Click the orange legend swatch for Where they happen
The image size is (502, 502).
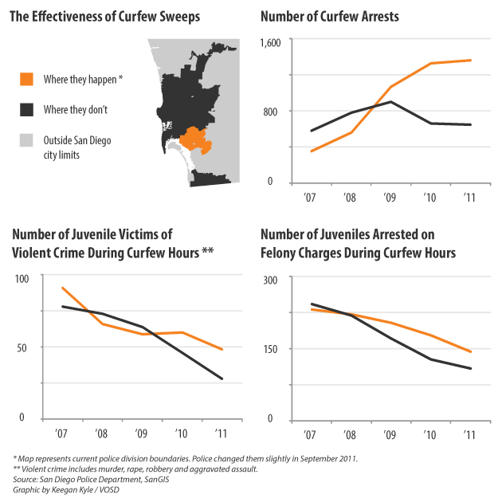click(x=27, y=79)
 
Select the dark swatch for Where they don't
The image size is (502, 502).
click(x=27, y=109)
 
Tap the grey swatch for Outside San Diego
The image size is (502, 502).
click(x=27, y=140)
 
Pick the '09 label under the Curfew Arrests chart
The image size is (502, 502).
click(x=390, y=198)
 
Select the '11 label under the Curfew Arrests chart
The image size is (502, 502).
click(x=469, y=198)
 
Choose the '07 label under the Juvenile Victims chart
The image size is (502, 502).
click(x=62, y=433)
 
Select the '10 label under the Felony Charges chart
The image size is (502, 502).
click(x=430, y=434)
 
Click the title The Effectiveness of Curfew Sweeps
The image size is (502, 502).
click(x=104, y=17)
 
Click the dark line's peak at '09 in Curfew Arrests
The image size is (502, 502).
click(x=390, y=101)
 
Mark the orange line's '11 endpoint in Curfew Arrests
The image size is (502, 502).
click(x=471, y=60)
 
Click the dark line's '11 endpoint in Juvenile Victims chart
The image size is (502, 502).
click(x=222, y=378)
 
